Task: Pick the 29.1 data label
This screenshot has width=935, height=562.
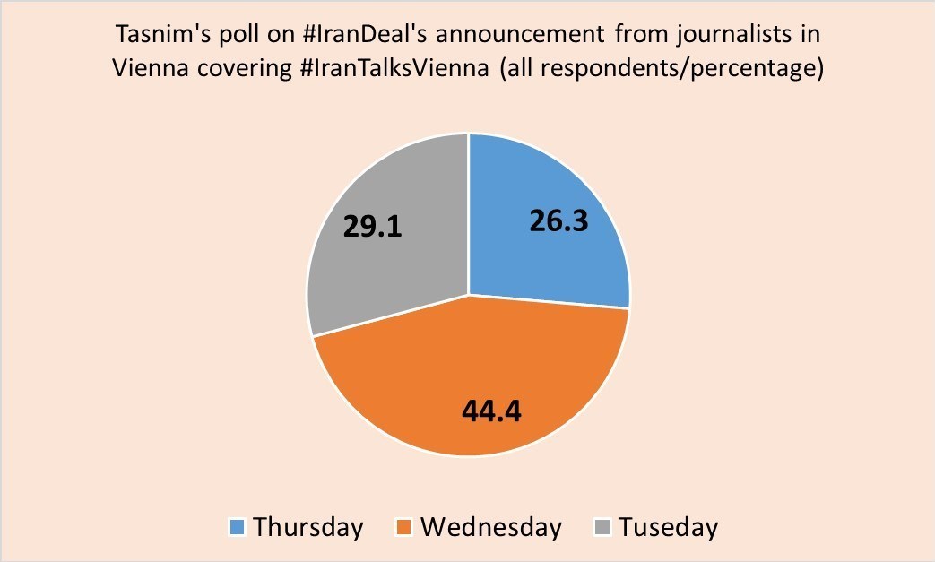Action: point(373,225)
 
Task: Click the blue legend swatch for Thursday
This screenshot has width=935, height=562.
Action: point(238,527)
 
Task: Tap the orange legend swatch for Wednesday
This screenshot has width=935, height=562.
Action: point(405,527)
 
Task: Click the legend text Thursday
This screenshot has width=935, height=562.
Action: point(308,527)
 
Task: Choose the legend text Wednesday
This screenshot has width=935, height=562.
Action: point(491,527)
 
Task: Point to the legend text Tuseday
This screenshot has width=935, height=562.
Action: point(669,527)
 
